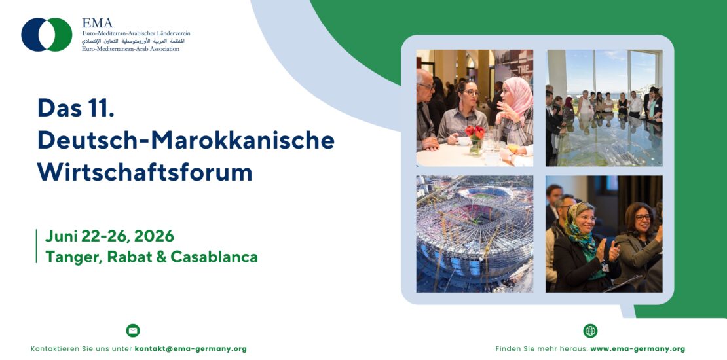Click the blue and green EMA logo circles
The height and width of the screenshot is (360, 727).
coord(47,34)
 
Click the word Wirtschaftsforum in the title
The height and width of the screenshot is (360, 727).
coord(145,172)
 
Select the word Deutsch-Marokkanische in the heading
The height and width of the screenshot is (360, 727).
coord(186,140)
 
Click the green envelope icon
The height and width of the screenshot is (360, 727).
coord(133,331)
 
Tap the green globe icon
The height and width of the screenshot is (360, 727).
coord(590,331)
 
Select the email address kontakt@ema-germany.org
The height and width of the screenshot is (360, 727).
coord(191,349)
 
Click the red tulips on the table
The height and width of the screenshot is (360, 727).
coord(475,133)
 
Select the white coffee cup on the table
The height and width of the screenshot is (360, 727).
coord(464,141)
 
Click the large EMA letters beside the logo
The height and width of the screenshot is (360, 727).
coord(97,23)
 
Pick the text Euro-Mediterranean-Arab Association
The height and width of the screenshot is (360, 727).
coord(130,48)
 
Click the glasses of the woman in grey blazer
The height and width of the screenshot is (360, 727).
coord(642,217)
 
